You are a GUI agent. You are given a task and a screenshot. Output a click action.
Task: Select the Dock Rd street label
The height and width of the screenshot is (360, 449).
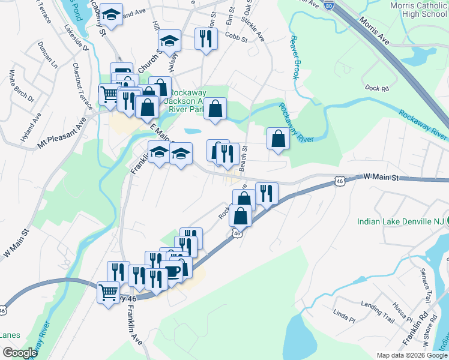pyautogui.click(x=376, y=88)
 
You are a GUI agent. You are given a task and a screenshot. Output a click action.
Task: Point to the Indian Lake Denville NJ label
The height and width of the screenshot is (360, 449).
pyautogui.click(x=400, y=221)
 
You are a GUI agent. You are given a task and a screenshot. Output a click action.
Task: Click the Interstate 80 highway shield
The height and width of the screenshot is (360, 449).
pyautogui.click(x=329, y=5)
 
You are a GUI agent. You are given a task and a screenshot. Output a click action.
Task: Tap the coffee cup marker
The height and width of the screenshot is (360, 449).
pyautogui.click(x=173, y=271)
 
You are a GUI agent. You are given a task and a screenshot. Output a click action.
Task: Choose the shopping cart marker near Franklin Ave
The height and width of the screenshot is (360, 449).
pyautogui.click(x=108, y=293)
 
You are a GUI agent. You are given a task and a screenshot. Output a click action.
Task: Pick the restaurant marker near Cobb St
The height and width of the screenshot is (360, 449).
pyautogui.click(x=206, y=39)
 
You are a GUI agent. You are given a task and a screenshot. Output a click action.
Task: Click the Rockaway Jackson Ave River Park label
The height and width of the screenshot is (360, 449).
pyautogui.click(x=188, y=101)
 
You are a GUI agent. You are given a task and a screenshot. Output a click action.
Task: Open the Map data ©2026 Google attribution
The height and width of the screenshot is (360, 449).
pyautogui.click(x=412, y=355)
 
